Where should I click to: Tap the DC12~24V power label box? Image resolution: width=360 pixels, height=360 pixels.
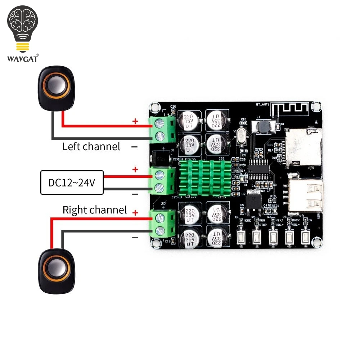pyautogui.click(x=72, y=183)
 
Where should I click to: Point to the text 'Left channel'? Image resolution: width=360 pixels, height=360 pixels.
pyautogui.click(x=91, y=147)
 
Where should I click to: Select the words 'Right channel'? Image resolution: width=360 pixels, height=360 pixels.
pyautogui.click(x=95, y=210)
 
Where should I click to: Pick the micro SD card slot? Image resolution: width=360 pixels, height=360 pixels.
pyautogui.click(x=303, y=148)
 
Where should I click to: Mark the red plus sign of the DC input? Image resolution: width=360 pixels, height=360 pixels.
pyautogui.click(x=135, y=169)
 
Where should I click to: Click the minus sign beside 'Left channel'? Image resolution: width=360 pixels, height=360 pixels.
pyautogui.click(x=134, y=147)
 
